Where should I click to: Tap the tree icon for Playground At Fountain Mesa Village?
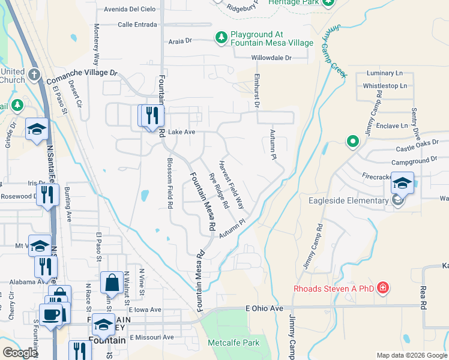pyautogui.click(x=221, y=38)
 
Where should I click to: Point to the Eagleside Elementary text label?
pyautogui.click(x=348, y=200)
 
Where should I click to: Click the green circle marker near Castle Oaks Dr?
pyautogui.click(x=353, y=142)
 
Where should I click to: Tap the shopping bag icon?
pyautogui.click(x=112, y=281)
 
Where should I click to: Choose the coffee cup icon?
pyautogui.click(x=50, y=314)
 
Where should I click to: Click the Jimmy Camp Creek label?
pyautogui.click(x=339, y=51)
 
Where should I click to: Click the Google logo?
pyautogui.click(x=20, y=353)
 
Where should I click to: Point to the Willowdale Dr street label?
pyautogui.click(x=271, y=58)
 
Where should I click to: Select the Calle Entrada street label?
pyautogui.click(x=137, y=25)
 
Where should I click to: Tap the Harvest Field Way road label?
pyautogui.click(x=231, y=184)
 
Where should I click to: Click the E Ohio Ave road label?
pyautogui.click(x=264, y=308)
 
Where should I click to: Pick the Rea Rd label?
pyautogui.click(x=423, y=297)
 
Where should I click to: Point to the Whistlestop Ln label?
pyautogui.click(x=385, y=86)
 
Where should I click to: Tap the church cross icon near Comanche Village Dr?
pyautogui.click(x=34, y=74)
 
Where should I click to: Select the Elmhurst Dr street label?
pyautogui.click(x=256, y=90)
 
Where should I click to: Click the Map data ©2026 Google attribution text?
pyautogui.click(x=411, y=355)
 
